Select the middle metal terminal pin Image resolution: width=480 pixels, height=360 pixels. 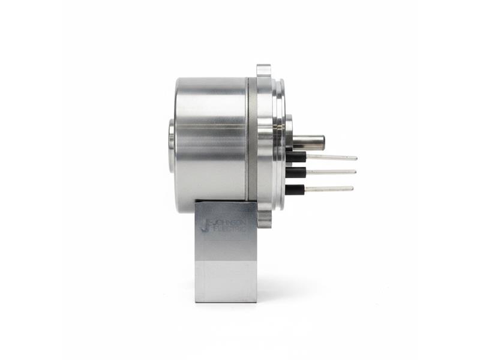(x=331, y=172)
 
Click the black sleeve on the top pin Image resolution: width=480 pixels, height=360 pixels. (x=296, y=157)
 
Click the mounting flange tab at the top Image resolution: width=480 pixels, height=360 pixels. (x=264, y=70)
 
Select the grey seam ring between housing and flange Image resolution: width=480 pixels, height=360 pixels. (x=253, y=144)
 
